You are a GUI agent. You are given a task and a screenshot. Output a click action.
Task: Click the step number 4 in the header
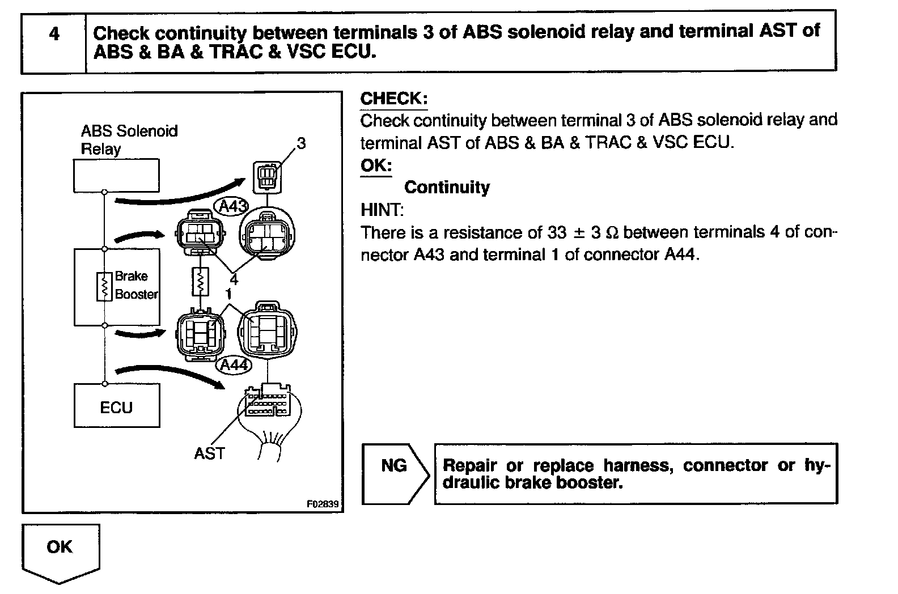[54, 34]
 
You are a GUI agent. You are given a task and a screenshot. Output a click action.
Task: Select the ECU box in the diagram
[116, 406]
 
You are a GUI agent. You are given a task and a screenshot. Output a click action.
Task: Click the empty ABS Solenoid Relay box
[116, 175]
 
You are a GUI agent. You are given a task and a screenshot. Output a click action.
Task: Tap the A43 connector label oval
[230, 207]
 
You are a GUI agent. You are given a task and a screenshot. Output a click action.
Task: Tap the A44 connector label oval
[234, 364]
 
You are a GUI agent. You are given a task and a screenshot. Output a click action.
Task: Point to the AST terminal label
[209, 453]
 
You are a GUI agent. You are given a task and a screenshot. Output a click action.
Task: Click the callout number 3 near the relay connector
[301, 144]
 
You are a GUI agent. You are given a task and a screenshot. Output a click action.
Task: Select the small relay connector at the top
[266, 176]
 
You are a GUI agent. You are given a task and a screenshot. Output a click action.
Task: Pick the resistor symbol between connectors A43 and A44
[200, 281]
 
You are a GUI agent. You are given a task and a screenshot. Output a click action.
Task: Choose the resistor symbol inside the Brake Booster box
[104, 286]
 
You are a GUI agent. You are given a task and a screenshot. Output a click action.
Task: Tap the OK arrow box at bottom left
[60, 551]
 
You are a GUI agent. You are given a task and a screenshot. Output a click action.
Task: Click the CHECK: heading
[393, 98]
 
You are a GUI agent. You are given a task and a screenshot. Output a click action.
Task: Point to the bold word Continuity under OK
[447, 187]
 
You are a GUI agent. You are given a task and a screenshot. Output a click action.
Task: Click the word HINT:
[382, 210]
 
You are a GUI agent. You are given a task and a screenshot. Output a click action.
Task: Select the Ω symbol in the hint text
[612, 233]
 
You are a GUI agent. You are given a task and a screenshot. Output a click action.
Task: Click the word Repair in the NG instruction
[469, 465]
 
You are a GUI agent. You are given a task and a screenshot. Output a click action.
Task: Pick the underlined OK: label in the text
[375, 166]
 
